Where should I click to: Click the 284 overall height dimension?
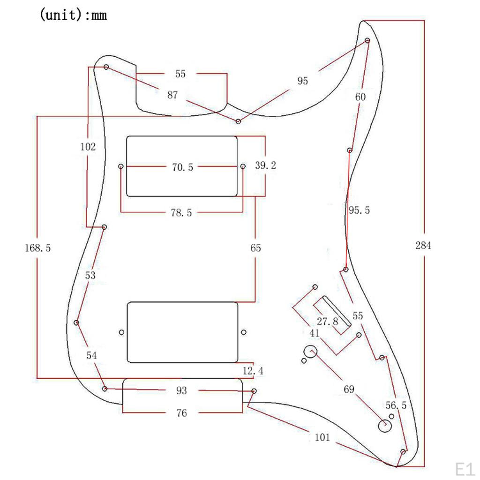pyautogui.click(x=423, y=245)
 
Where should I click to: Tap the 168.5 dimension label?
pyautogui.click(x=37, y=248)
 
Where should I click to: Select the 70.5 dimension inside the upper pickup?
pyautogui.click(x=182, y=167)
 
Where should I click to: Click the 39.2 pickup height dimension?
pyautogui.click(x=265, y=165)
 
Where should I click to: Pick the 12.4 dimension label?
pyautogui.click(x=253, y=371)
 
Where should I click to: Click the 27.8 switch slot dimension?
pyautogui.click(x=327, y=322)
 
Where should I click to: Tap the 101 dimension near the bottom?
pyautogui.click(x=322, y=438)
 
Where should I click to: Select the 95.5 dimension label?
pyautogui.click(x=359, y=210)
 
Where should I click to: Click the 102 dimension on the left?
pyautogui.click(x=88, y=147)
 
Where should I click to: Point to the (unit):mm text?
pyautogui.click(x=73, y=15)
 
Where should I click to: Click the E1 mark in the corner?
pyautogui.click(x=465, y=468)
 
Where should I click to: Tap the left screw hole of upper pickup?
pyautogui.click(x=121, y=166)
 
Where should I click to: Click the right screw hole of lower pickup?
pyautogui.click(x=243, y=332)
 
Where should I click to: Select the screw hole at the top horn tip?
pyautogui.click(x=367, y=41)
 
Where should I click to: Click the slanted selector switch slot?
pyautogui.click(x=336, y=310)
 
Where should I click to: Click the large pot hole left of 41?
pyautogui.click(x=310, y=351)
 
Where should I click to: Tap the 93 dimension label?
pyautogui.click(x=181, y=390)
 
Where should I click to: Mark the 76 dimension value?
pyautogui.click(x=181, y=413)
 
